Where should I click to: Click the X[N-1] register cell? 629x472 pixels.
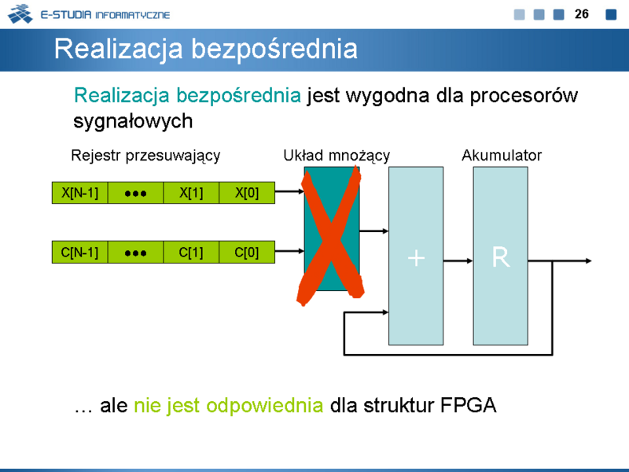[x=80, y=193]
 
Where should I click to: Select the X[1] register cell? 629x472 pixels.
[x=191, y=193]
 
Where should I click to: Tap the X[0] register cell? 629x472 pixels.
[x=247, y=193]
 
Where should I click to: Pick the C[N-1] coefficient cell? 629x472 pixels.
[x=80, y=252]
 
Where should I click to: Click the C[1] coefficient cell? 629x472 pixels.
[x=191, y=252]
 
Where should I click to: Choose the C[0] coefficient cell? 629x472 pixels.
[x=247, y=252]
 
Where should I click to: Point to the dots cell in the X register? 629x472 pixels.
[x=135, y=193]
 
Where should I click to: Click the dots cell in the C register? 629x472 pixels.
[x=135, y=252]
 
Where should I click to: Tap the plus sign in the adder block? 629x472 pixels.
[x=416, y=258]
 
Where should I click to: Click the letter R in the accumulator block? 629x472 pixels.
[x=501, y=257]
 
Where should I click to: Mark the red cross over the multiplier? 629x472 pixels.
[x=330, y=237]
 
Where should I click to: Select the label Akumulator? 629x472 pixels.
[x=502, y=155]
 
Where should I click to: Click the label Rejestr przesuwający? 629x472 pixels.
[x=145, y=156]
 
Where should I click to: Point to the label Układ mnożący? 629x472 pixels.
[x=337, y=156]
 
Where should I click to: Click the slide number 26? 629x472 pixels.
[x=581, y=14]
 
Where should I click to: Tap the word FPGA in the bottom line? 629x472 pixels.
[x=468, y=405]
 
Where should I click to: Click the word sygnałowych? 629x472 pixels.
[x=133, y=121]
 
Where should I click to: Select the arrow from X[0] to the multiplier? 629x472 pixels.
[x=289, y=191]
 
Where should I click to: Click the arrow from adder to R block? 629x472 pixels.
[x=458, y=261]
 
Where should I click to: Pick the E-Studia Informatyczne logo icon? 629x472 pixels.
[x=20, y=13]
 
